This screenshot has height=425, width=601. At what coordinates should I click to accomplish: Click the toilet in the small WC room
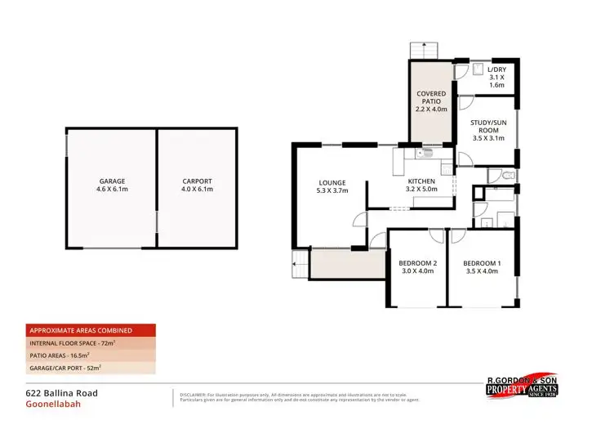[506, 175]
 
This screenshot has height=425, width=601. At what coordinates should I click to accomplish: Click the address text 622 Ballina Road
[61, 393]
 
